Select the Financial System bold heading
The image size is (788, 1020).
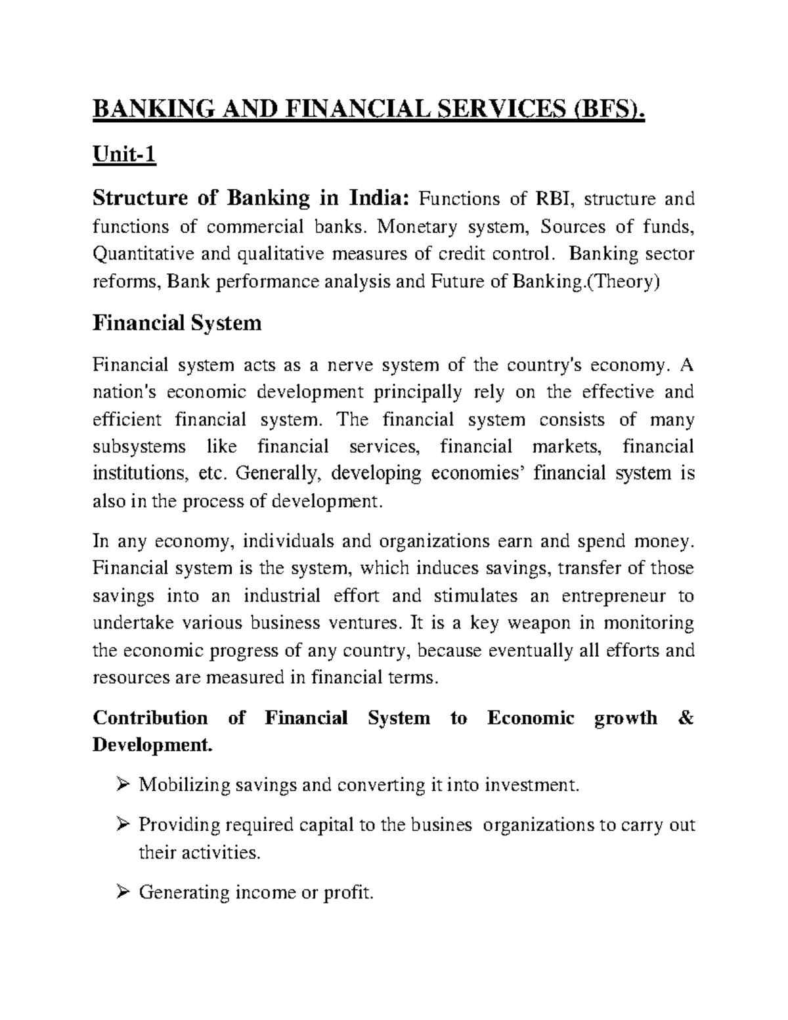[x=177, y=323]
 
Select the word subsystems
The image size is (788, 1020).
[x=139, y=447]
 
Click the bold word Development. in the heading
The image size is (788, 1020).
[x=153, y=745]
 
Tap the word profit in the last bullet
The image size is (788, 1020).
[x=349, y=893]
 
